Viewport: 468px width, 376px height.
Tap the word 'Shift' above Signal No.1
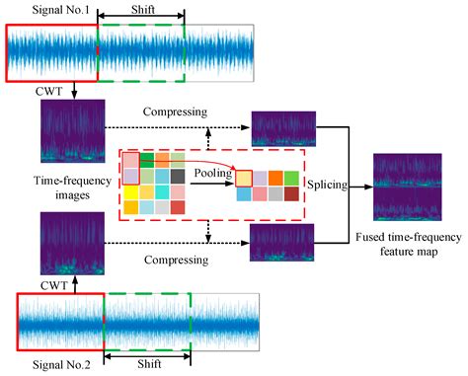(141, 10)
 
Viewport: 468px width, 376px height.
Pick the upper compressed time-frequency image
(282, 127)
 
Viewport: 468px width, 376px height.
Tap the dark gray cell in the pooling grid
(177, 176)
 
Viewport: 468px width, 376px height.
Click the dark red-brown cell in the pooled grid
(291, 193)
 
